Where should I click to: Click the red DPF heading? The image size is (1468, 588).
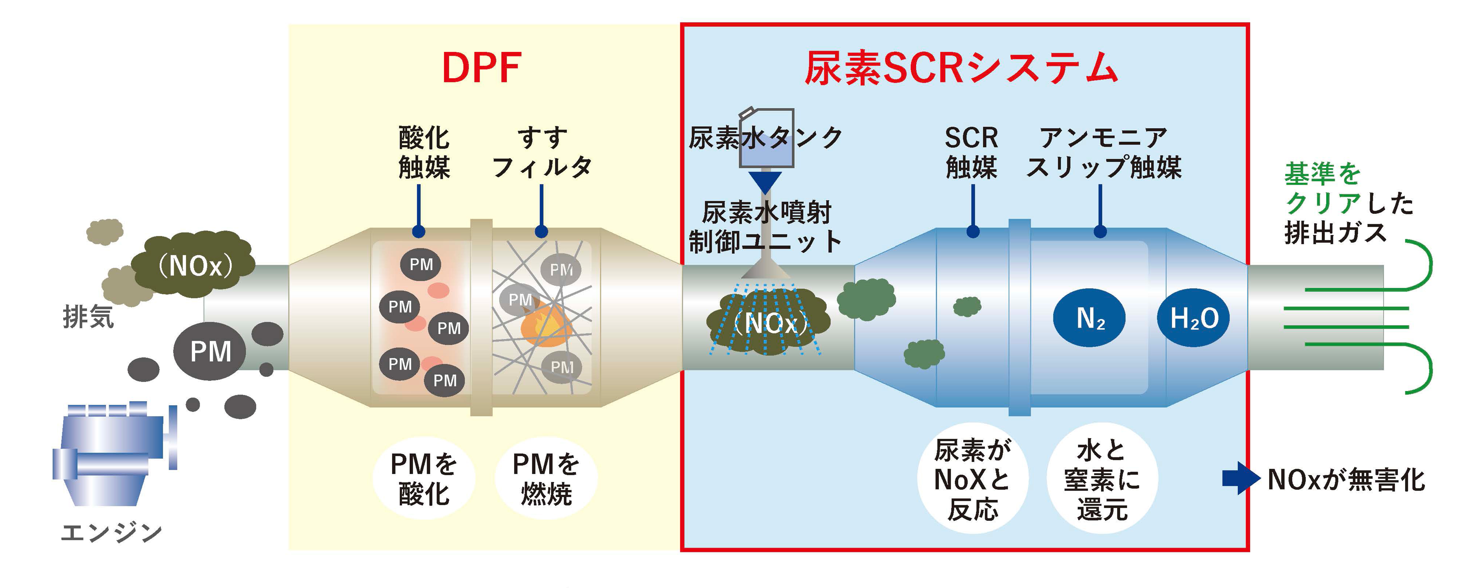pos(481,68)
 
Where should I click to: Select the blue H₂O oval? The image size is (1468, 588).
pos(1193,318)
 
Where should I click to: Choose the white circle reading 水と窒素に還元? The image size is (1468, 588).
pos(1102,479)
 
